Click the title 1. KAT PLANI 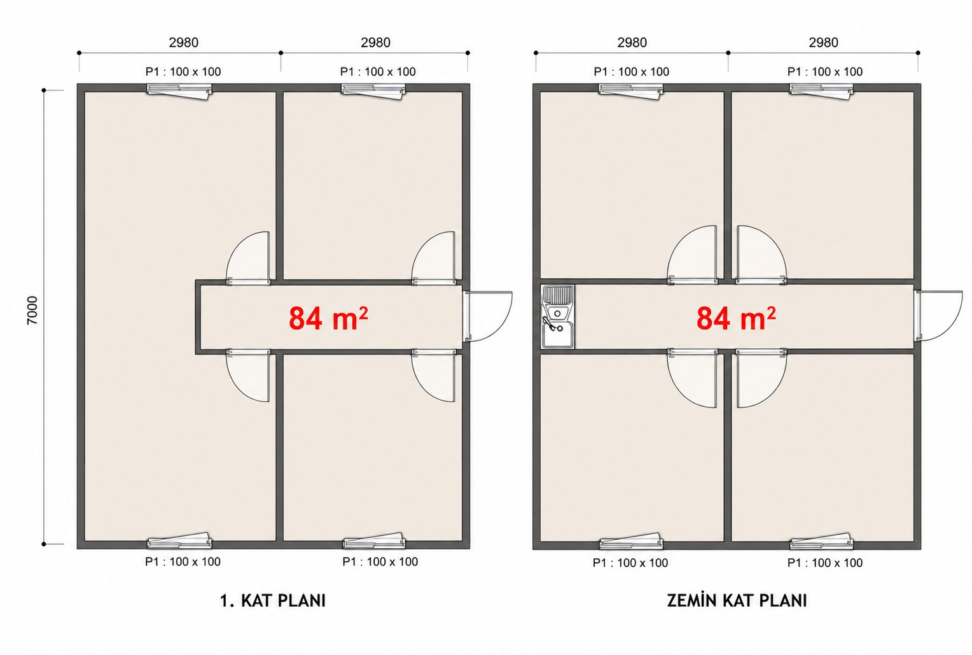click(x=273, y=601)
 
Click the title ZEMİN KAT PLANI click(x=737, y=600)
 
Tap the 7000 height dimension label click(x=32, y=310)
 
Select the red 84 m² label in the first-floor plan click(x=328, y=318)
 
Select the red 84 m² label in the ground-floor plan click(x=737, y=318)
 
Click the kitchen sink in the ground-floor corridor click(x=558, y=316)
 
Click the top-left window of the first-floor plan click(x=179, y=91)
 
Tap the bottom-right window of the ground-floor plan click(x=821, y=541)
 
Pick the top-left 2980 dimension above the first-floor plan click(x=184, y=43)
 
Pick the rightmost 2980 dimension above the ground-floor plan click(x=824, y=43)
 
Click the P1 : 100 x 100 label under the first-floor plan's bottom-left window click(x=183, y=561)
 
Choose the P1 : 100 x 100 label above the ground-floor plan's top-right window click(x=825, y=72)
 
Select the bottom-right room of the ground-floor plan click(x=823, y=448)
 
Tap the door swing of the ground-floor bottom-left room click(x=691, y=378)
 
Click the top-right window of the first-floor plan click(x=373, y=91)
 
